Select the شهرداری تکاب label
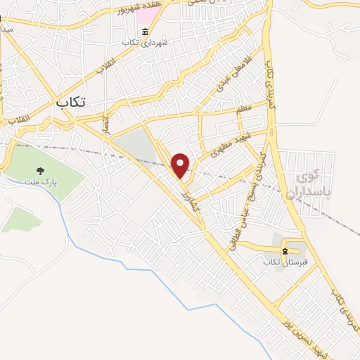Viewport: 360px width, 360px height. click(146, 42)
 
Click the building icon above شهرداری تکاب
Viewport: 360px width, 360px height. click(146, 32)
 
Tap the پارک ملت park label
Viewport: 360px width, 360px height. click(44, 182)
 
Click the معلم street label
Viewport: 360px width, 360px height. click(244, 109)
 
